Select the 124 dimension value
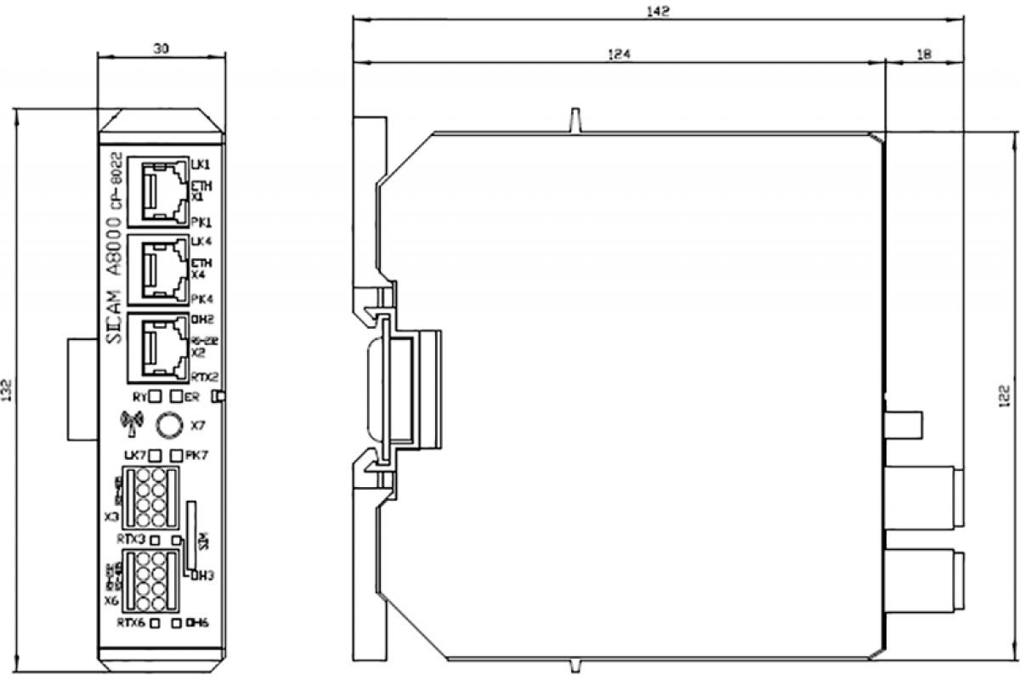coord(619,54)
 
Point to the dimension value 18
coord(925,54)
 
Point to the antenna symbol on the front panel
coord(130,422)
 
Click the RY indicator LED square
coord(156,396)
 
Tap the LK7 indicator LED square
coord(156,456)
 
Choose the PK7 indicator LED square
coord(176,456)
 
